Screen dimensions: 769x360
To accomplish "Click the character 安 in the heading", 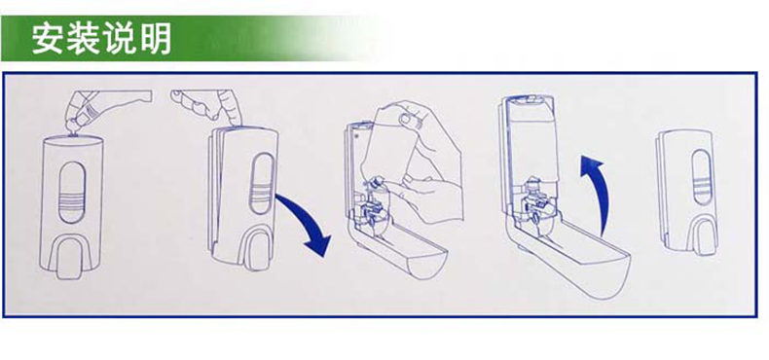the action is pos(49,38).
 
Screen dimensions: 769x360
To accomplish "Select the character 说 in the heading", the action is pos(120,38).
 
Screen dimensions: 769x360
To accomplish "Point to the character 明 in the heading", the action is pos(155,38).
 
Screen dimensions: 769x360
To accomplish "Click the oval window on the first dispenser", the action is pos(72,193).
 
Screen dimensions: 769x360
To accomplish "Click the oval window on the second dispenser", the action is pos(262,184).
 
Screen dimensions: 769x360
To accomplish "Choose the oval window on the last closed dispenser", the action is pos(700,177).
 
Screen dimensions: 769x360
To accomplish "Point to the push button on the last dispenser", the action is pos(700,236).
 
